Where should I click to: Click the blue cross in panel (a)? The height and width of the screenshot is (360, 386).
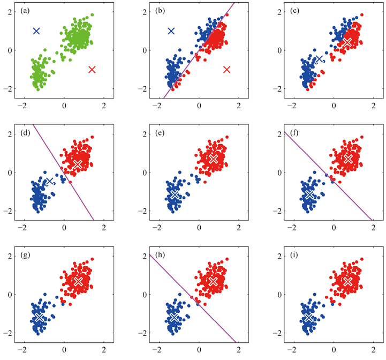pos(36,31)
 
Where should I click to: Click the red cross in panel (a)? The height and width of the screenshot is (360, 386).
pos(92,70)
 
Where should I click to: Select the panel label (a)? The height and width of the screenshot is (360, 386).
pos(25,11)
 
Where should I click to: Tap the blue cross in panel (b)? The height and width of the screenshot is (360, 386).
pos(171,31)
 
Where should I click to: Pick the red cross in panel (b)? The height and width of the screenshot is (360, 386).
pos(226,70)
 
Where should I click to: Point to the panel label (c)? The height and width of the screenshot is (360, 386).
pos(294,11)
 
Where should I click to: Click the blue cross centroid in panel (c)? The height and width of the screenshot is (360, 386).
pos(319,58)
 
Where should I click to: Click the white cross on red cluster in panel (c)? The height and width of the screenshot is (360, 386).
pos(347,42)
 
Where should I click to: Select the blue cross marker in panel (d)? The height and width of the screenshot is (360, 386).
pos(50,181)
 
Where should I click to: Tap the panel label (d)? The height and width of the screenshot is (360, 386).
pos(25,133)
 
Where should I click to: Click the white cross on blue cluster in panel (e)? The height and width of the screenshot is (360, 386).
pos(175,194)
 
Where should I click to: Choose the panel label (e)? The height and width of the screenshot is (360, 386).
pos(160,133)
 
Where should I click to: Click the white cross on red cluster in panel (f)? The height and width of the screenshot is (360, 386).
pos(348,159)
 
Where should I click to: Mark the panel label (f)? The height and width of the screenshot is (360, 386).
pos(294,133)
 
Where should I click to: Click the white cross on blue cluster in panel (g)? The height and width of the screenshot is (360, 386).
pos(39,317)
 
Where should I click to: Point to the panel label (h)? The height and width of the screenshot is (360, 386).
pos(160,255)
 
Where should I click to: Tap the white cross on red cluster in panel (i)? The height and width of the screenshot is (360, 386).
pos(348,281)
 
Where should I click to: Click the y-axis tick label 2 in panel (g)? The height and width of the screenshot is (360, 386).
pos(10,256)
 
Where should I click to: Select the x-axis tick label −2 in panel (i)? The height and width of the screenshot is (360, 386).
pos(292,349)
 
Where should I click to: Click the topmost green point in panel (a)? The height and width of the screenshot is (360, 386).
pos(92,15)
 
